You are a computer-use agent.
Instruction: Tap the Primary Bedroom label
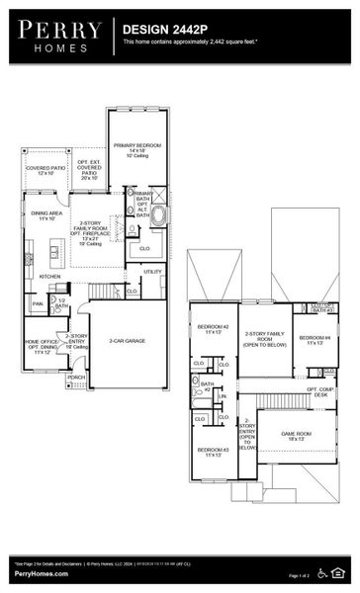[x=135, y=148]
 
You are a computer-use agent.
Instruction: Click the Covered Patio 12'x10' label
[x=44, y=171]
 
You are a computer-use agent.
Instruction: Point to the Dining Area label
[x=46, y=215]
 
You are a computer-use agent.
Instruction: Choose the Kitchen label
[x=49, y=276]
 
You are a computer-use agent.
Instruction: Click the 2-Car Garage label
[x=128, y=340]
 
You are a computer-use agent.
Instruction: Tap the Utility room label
[x=152, y=271]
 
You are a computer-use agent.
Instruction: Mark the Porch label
[x=76, y=377]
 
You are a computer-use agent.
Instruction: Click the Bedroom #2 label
[x=213, y=329]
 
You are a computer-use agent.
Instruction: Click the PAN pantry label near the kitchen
[x=38, y=303]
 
